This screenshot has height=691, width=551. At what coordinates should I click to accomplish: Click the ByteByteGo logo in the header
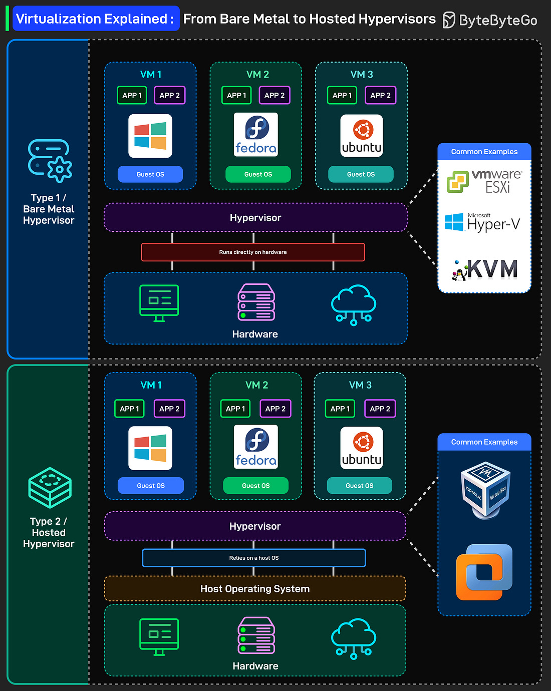click(x=490, y=20)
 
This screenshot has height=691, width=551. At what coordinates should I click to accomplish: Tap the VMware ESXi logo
click(x=484, y=181)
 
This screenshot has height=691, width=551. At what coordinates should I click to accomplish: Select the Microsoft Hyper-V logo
click(x=482, y=222)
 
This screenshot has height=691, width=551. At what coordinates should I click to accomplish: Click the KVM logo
click(x=485, y=269)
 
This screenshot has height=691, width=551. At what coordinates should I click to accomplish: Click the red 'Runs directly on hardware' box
click(x=253, y=252)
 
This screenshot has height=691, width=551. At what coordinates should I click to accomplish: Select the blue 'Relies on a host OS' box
click(x=254, y=558)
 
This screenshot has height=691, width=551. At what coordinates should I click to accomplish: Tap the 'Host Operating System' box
click(x=255, y=589)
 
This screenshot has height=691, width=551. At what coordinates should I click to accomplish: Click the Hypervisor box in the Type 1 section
click(x=255, y=218)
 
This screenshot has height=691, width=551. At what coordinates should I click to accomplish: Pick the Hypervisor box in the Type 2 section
click(x=255, y=526)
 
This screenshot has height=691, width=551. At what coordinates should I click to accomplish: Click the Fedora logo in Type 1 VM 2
click(x=256, y=135)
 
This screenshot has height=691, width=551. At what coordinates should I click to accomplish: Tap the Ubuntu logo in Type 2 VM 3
click(x=362, y=448)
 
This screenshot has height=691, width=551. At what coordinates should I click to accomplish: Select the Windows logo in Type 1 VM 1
click(x=150, y=136)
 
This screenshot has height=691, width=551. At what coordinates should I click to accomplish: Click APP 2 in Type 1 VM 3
click(x=381, y=95)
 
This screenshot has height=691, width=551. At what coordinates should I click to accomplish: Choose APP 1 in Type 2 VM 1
click(x=129, y=409)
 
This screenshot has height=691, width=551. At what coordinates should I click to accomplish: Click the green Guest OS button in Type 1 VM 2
click(x=258, y=174)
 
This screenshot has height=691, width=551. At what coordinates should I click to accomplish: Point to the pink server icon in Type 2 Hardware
click(x=256, y=635)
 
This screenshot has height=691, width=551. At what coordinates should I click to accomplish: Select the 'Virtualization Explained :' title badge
click(x=95, y=19)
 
